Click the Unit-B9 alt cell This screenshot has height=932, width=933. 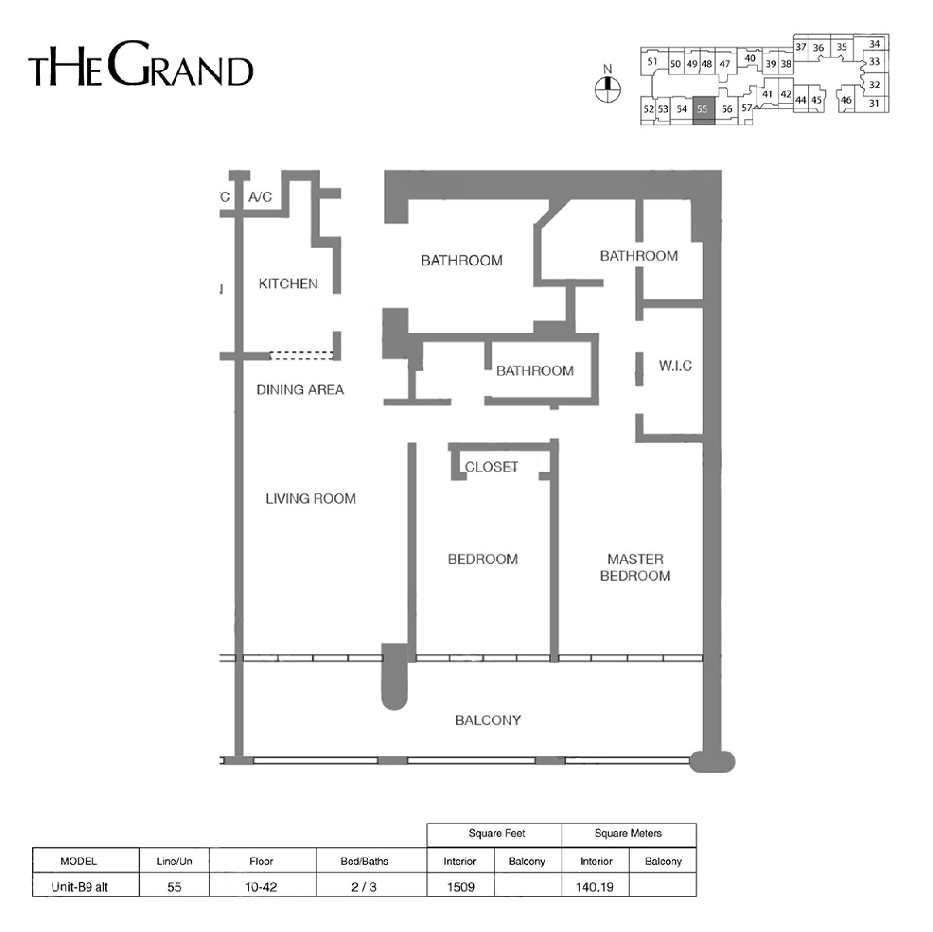pyautogui.click(x=80, y=887)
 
